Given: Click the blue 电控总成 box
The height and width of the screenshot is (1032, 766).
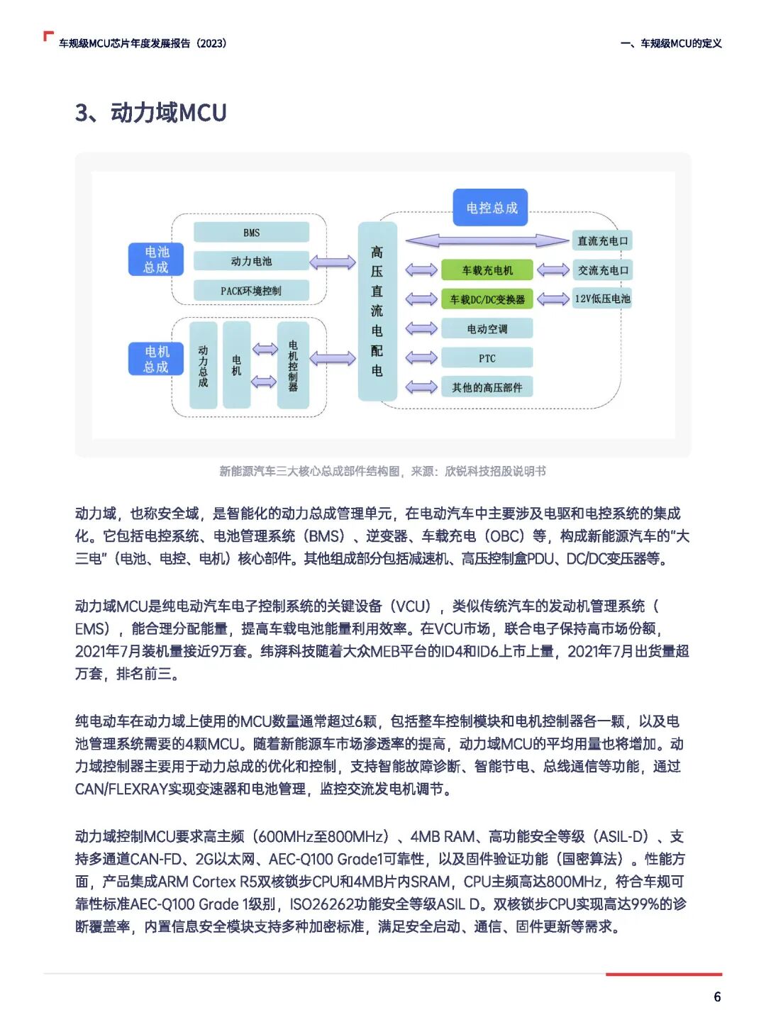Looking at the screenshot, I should pos(491,207).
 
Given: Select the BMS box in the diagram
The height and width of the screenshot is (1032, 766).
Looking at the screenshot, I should pos(251,232).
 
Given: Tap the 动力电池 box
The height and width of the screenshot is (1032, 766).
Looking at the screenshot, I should pos(251,261).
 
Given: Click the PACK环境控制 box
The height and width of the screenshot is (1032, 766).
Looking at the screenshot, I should pos(251,290).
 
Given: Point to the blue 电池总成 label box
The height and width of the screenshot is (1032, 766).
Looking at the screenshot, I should pos(156,259).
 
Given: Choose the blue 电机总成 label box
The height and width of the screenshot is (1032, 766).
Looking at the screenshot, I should pos(156,359).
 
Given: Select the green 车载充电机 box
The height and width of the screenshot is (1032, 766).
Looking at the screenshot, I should pos(487,270).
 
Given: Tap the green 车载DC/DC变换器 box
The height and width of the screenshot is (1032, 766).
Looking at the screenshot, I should pos(487,299).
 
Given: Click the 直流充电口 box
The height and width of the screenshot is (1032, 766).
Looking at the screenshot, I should pos(602,240).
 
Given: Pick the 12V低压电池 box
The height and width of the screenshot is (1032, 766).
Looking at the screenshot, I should pos(602,299).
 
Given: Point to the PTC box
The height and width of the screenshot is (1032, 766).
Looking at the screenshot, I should pos(487,358).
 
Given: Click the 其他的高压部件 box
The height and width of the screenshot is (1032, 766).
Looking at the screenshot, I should pos(487,387).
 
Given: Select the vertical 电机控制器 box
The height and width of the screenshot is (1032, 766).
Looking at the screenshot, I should pos(293,365).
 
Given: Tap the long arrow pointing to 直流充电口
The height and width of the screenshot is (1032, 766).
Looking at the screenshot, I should pos(487,241).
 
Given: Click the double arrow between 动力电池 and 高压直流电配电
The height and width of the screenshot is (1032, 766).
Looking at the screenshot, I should pos(332,262).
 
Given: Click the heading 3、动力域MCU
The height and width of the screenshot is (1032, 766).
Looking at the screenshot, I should pos(151,113).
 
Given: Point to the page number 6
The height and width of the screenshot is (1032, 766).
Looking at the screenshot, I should pos(717,997).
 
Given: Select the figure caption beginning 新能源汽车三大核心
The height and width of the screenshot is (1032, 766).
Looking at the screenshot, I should pos(382,471).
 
